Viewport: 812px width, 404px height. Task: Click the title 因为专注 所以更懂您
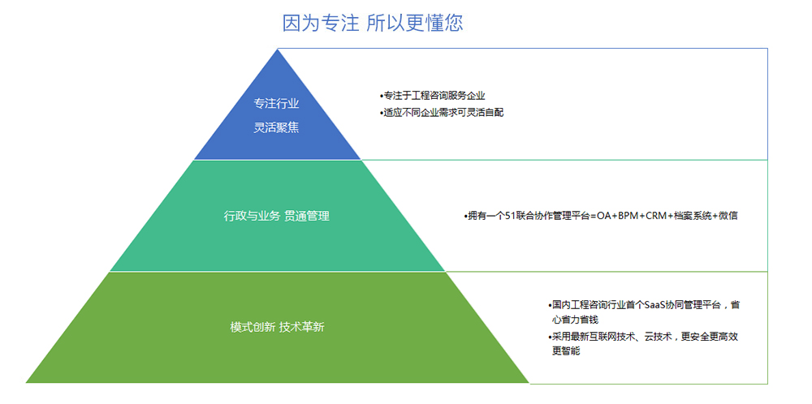(x=373, y=24)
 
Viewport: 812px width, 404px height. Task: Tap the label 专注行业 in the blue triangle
(x=276, y=104)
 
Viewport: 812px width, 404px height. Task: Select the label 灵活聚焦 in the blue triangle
(x=276, y=127)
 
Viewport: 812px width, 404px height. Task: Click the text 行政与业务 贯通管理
(x=277, y=217)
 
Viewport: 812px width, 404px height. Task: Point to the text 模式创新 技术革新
(x=277, y=327)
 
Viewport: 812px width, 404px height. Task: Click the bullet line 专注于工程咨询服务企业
(x=433, y=96)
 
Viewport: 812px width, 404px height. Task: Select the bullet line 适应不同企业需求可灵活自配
(x=442, y=112)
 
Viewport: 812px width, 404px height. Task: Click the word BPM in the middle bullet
(x=628, y=217)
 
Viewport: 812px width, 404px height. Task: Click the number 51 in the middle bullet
(x=509, y=217)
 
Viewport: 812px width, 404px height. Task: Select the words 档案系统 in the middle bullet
(x=693, y=217)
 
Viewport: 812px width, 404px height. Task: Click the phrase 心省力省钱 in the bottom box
(x=576, y=320)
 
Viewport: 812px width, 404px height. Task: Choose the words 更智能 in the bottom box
(x=566, y=351)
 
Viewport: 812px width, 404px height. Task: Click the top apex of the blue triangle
(x=278, y=49)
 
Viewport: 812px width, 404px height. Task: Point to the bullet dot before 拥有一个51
(x=465, y=217)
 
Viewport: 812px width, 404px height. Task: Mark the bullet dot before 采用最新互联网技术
(x=550, y=337)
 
